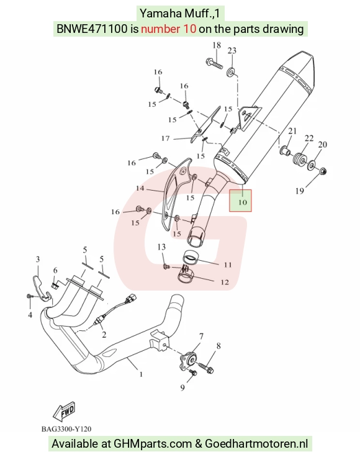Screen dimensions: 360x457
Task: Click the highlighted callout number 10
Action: [x=242, y=202]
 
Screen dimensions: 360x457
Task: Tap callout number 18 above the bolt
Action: [x=217, y=45]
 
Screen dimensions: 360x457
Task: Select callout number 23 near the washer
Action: [x=232, y=51]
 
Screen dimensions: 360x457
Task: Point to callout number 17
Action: [x=166, y=138]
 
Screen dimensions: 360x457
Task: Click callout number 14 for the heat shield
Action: [x=140, y=188]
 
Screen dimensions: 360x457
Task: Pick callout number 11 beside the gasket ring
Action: [x=228, y=265]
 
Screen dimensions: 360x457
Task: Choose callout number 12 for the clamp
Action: [x=225, y=282]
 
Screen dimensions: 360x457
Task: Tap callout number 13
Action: [x=161, y=247]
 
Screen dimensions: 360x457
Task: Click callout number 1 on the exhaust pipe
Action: [x=141, y=374]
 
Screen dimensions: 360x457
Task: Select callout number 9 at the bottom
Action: [x=182, y=387]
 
